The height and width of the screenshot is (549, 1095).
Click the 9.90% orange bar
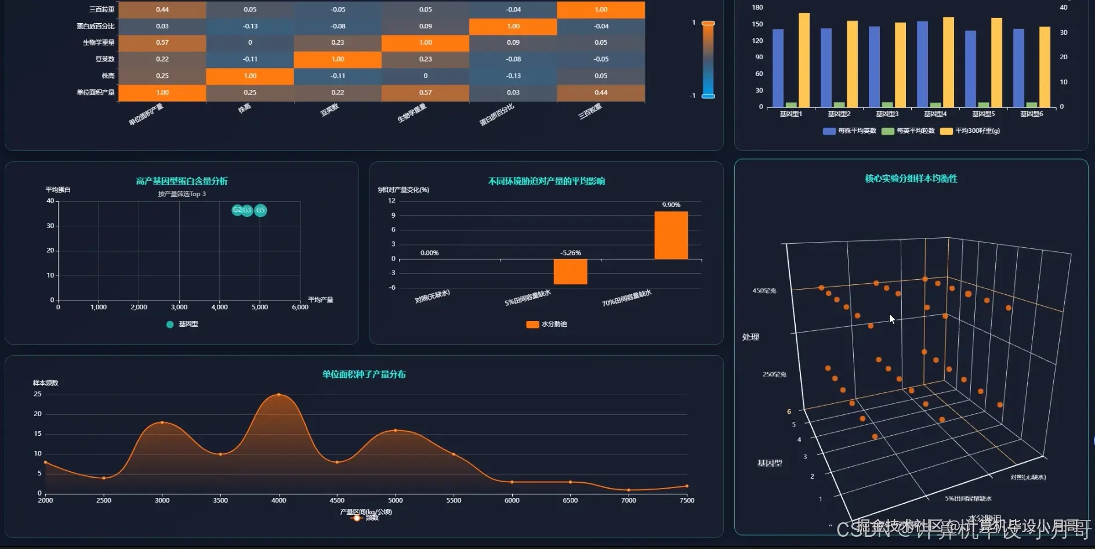[671, 235]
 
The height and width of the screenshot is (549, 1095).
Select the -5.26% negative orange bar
[570, 272]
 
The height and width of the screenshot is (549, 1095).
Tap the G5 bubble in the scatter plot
[260, 210]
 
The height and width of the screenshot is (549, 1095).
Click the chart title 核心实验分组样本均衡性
[911, 179]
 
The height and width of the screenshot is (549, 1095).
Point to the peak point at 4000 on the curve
[279, 395]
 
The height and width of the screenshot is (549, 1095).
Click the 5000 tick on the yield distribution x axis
[396, 500]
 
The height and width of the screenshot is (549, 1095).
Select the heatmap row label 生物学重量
[99, 42]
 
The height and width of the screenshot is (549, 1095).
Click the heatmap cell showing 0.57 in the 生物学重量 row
[162, 42]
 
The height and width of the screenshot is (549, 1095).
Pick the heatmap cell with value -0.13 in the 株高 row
[513, 76]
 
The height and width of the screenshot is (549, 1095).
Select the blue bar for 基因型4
[922, 64]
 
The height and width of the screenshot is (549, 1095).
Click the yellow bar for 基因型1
[804, 60]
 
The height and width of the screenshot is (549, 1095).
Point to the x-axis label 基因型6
[1031, 114]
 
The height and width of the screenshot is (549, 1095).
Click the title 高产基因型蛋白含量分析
[182, 181]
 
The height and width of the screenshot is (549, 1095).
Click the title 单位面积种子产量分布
[364, 374]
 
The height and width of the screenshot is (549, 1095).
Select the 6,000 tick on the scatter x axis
[300, 307]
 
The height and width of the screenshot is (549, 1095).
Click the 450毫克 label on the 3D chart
[764, 291]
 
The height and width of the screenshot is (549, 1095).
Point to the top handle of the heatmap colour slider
[708, 23]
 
